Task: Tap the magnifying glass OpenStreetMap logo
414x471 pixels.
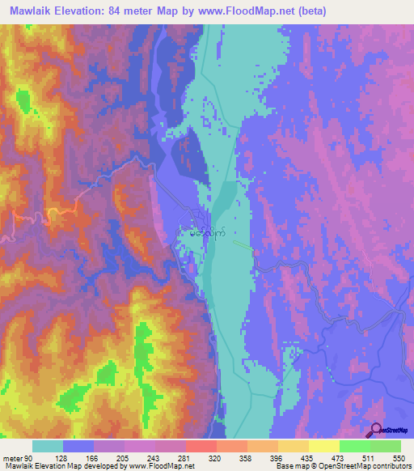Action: point(377,430)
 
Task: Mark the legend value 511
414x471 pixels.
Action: point(370,456)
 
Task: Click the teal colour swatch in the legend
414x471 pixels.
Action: point(47,446)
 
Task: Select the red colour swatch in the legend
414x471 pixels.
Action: point(201,446)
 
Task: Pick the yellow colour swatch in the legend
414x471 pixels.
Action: point(323,446)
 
